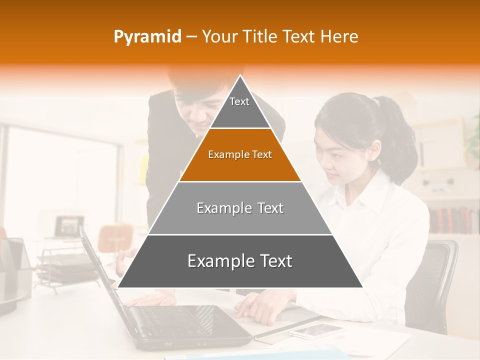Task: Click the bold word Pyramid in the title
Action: point(147,36)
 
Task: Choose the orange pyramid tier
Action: point(240,155)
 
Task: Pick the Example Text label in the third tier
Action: point(240,208)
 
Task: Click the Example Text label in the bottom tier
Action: point(240,261)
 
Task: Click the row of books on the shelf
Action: point(452,220)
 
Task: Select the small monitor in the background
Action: point(69,226)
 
